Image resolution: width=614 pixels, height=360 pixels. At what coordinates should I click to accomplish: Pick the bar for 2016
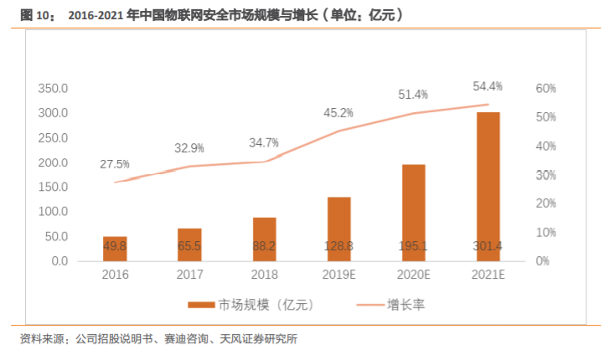coord(116,249)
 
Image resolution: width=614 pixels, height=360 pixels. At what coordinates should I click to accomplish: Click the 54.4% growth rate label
coord(488,86)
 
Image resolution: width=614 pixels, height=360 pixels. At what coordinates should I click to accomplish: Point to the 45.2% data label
coord(338,113)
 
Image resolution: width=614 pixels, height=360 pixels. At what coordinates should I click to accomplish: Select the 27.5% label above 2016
coord(116,164)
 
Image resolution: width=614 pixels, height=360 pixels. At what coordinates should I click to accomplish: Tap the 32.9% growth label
coord(189,148)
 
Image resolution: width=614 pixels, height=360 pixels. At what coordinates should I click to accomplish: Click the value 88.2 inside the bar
coord(265,245)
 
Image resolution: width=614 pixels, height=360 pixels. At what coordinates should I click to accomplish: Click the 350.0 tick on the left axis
coord(53,88)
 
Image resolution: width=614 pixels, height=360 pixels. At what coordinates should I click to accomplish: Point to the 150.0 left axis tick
coord(53,187)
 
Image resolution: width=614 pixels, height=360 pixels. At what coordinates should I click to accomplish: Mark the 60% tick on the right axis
coord(546,88)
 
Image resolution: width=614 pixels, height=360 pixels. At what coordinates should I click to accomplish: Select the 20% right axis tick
coord(546,203)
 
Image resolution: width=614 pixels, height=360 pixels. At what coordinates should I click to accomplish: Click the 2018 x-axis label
coord(265,275)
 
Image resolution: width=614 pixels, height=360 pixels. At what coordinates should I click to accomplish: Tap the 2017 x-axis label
coord(189,275)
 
